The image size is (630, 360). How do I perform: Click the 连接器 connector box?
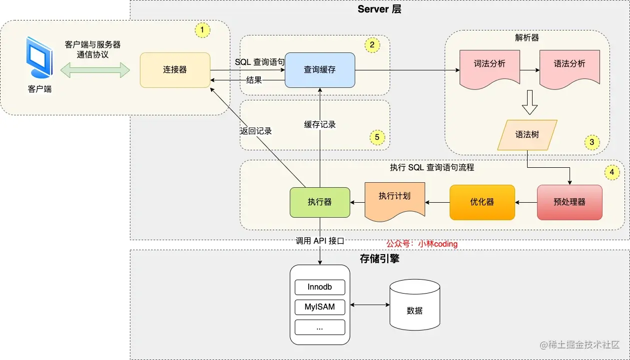point(175,70)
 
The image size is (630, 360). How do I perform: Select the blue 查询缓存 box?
point(320,70)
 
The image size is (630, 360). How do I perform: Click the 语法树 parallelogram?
point(527,135)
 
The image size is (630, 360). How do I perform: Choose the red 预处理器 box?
point(570,202)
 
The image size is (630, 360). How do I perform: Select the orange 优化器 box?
point(482,202)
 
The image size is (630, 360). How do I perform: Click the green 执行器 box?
point(320,202)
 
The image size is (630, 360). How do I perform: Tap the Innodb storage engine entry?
point(320,287)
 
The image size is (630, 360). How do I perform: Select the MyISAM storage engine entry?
point(320,307)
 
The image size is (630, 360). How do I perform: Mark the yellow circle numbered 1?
point(202,30)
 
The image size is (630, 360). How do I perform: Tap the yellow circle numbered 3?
point(592,142)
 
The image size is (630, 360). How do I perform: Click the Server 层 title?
point(379,9)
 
